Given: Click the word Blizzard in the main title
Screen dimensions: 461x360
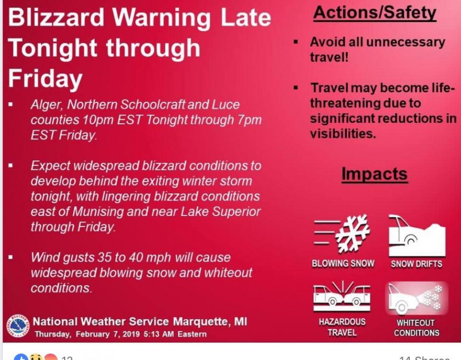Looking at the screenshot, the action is pos(56,17).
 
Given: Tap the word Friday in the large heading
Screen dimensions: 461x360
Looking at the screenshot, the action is pos(45,79).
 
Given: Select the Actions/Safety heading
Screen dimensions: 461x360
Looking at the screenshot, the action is pos(375,13).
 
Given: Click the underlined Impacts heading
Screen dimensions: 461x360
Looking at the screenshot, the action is pos(375,174).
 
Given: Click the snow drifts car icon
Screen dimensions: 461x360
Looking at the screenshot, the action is pos(417,235).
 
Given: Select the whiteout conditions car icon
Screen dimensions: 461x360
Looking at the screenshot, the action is pos(416,298).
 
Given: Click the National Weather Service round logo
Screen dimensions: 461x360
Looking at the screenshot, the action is pos(18,325).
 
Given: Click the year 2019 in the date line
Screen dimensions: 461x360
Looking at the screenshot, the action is pos(131,334).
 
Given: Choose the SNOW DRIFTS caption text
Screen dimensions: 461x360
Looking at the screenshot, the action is pos(416,264).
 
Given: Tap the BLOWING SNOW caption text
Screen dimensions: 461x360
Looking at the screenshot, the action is pos(343,263).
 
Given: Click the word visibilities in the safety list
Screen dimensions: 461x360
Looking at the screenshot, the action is pos(343,134).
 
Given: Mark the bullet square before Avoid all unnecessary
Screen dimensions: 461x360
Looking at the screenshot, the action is pos(296,41).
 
